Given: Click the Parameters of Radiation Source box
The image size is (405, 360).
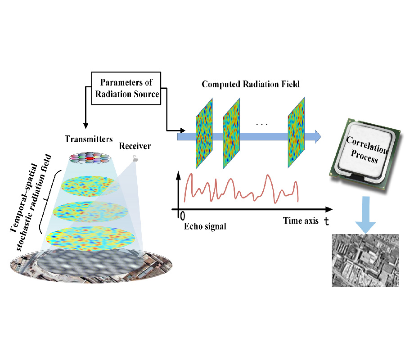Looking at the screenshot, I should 126,88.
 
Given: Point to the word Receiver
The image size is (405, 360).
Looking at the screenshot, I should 135,146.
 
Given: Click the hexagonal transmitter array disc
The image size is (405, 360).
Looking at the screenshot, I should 90,158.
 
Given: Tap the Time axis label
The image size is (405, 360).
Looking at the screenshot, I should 300,221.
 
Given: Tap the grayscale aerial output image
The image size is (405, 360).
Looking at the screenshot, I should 365,260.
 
